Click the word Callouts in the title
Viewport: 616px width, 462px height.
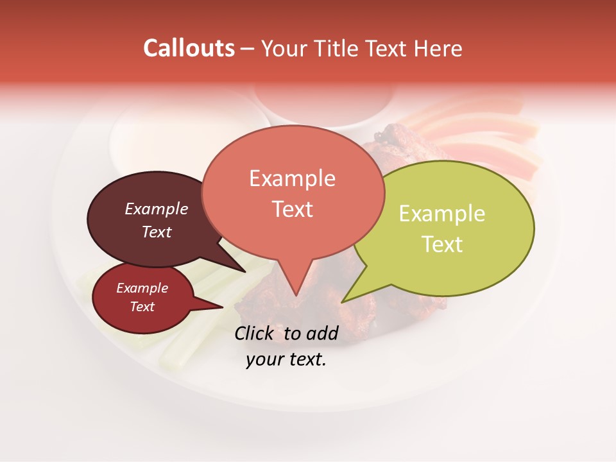pos(189,48)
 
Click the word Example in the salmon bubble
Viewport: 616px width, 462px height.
pos(292,178)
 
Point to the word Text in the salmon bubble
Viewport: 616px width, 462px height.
pos(292,209)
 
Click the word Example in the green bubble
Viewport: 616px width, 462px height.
pos(442,214)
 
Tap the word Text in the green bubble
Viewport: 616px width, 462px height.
pos(442,244)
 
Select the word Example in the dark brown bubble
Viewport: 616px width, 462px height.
pos(156,209)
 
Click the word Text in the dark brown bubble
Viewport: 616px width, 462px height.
pos(156,232)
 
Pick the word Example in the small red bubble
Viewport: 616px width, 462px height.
pos(142,288)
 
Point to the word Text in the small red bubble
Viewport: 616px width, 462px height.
pos(142,307)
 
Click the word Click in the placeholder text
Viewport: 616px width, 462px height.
pos(255,333)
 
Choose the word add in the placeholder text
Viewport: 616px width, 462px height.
pos(321,333)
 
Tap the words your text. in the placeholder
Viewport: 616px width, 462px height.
pos(286,360)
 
